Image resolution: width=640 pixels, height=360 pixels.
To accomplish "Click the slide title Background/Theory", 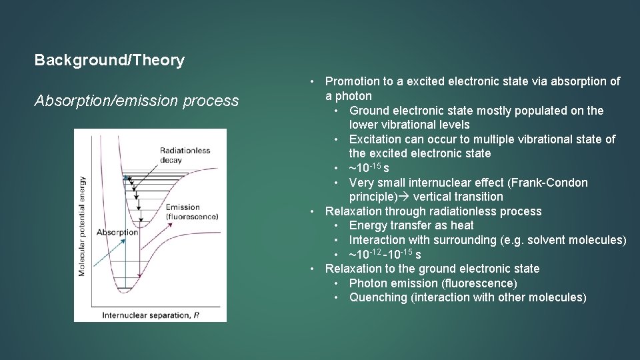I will coord(109,61).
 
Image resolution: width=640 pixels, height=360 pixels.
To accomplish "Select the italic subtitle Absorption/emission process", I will coord(137,101).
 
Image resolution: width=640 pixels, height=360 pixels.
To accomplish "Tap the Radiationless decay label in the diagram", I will coord(185,155).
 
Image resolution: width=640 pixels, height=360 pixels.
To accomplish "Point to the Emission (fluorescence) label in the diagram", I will coord(192,212).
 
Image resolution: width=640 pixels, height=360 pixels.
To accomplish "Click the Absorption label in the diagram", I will coord(117,232).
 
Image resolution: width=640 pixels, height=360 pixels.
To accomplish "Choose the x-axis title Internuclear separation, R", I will coord(150,314).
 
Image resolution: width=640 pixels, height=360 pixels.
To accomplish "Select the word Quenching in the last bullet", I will coord(379,297).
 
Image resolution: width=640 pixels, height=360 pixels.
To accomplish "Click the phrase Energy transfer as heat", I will coord(411,225).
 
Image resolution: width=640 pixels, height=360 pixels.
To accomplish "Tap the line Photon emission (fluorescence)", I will coord(433,283).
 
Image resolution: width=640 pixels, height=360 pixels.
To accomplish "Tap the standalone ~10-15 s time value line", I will coord(369,168).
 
